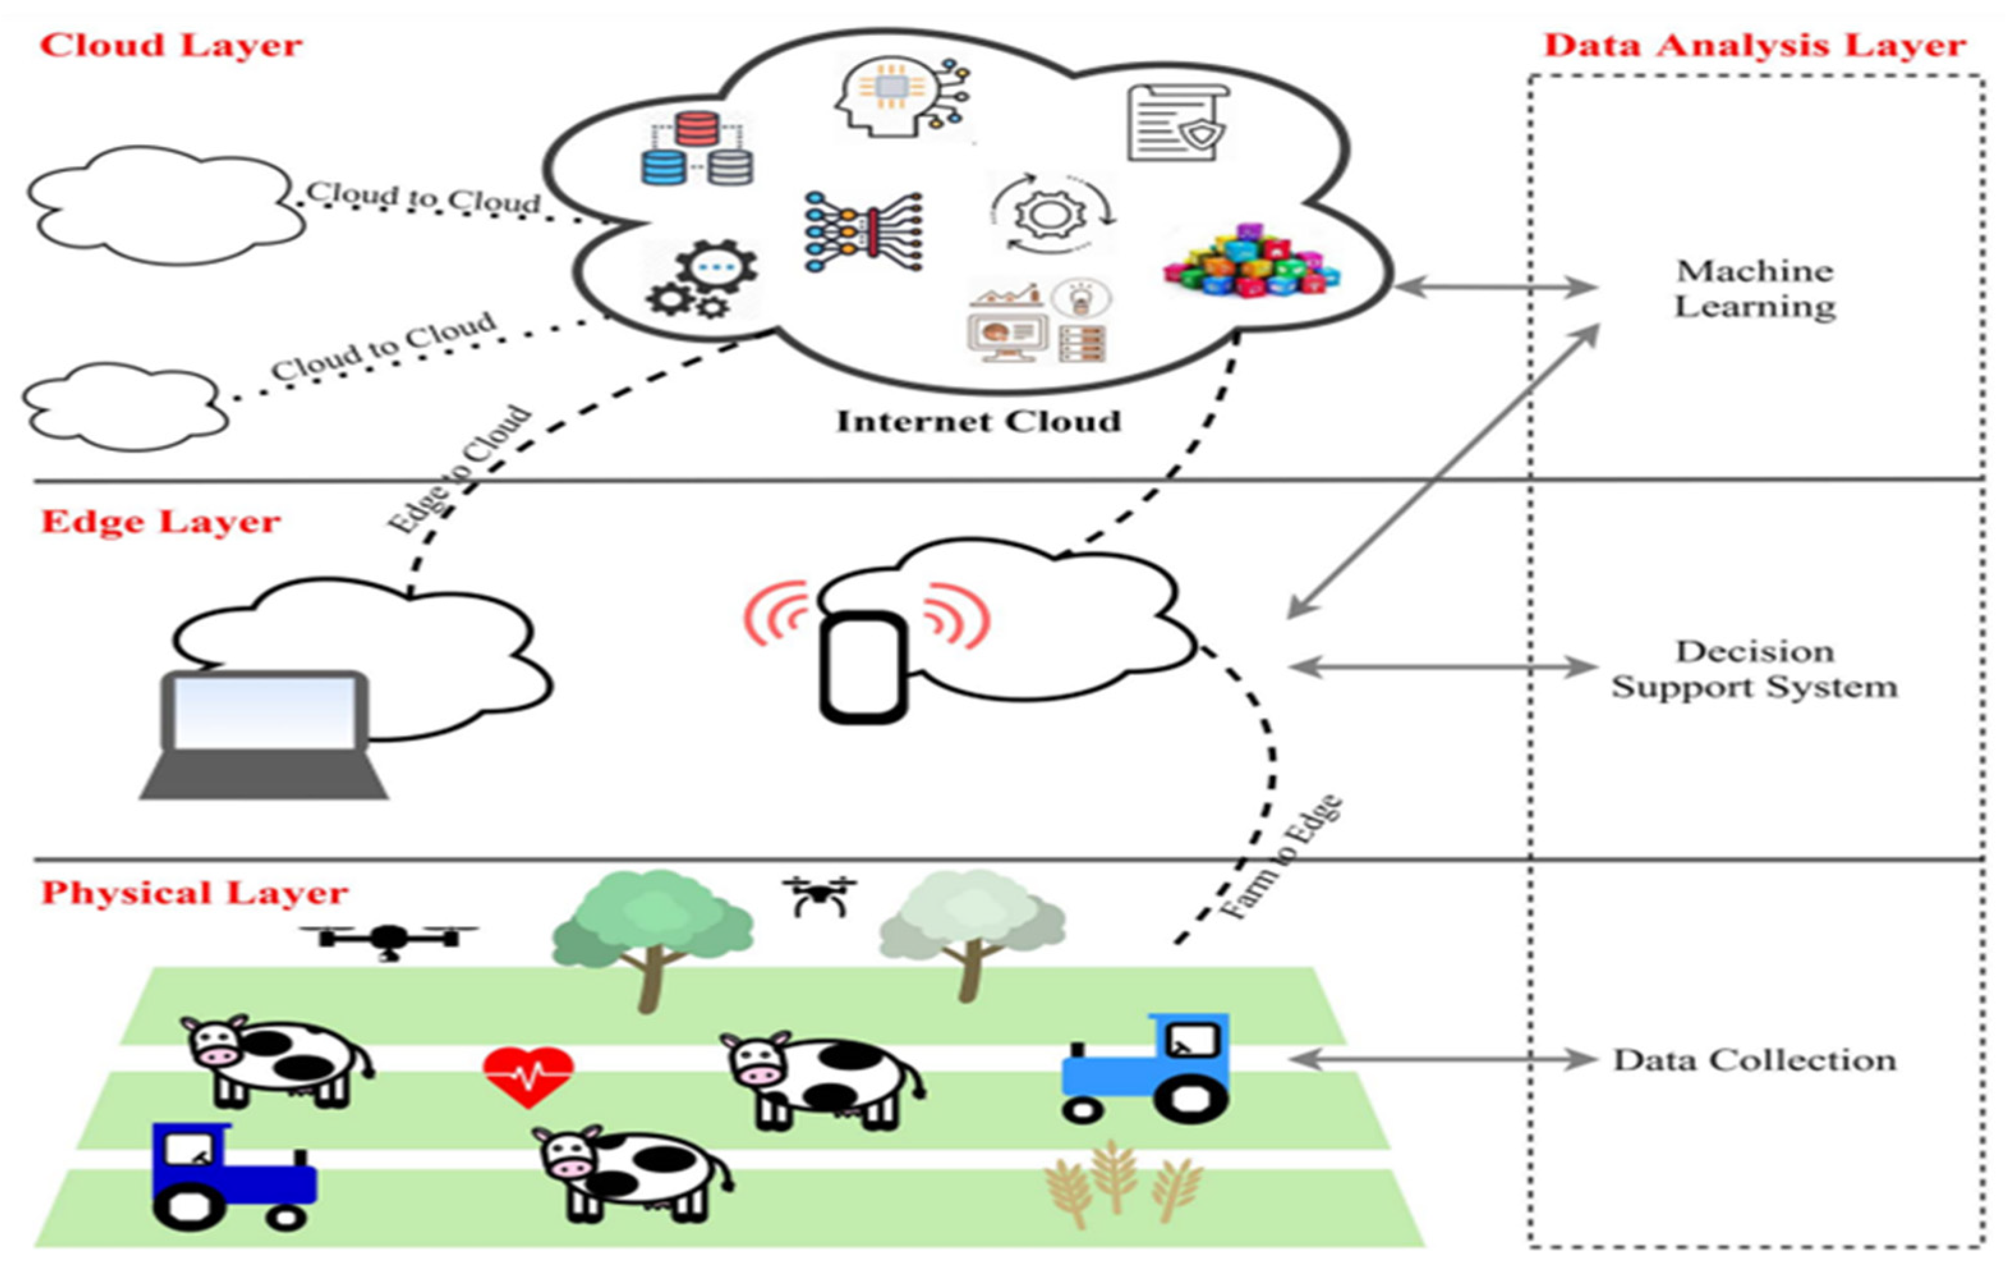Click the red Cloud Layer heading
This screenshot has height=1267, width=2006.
171,46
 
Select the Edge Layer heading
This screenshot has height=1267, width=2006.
161,522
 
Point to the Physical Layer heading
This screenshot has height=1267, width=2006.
194,893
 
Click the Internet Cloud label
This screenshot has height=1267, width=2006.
978,421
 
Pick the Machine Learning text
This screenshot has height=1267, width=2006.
1754,288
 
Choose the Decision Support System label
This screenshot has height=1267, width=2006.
1754,669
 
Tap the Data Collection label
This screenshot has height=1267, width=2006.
1754,1061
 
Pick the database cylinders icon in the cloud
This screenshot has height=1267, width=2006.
697,150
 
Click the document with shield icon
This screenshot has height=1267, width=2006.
1176,123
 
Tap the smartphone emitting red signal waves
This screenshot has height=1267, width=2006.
863,667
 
